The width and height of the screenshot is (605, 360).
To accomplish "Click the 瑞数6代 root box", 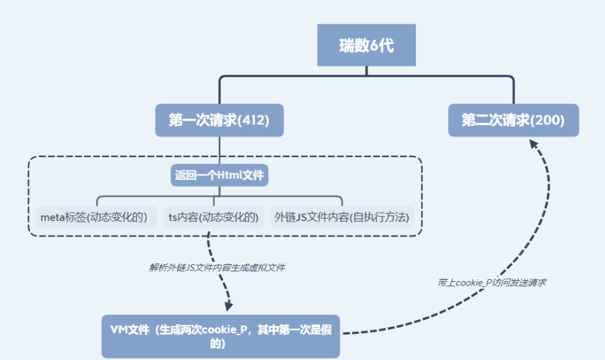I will pos(366,45).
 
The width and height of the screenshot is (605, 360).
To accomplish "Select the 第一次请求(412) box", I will pos(219,120).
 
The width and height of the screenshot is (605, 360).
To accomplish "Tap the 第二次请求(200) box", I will pos(513,120).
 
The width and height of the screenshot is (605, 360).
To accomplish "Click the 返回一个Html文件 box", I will pos(220,175).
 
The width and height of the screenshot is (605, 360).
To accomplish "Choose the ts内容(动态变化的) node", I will pos(213,217).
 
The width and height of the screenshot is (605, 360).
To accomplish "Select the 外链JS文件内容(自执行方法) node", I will pos(342,217).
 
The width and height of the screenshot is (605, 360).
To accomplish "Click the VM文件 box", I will pos(221,337).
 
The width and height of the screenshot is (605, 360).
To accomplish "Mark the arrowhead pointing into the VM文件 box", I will pos(227,306).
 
